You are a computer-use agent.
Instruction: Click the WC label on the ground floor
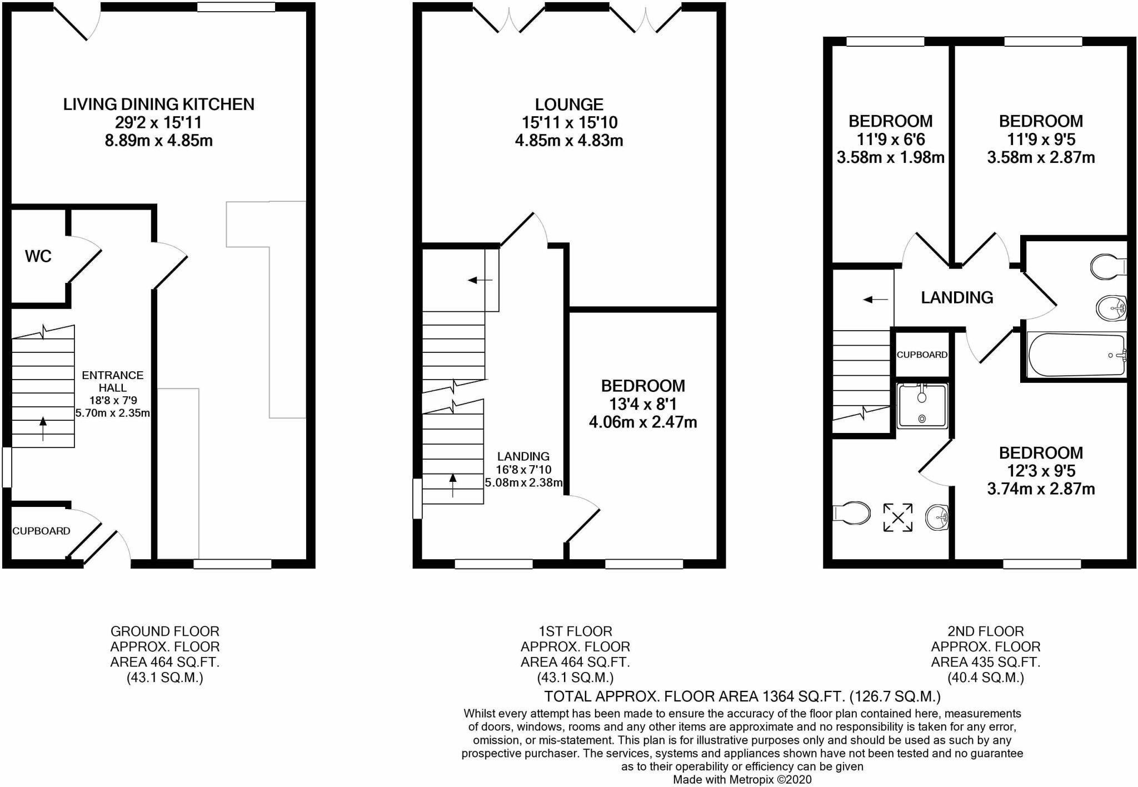point(38,256)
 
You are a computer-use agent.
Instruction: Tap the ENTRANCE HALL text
point(113,381)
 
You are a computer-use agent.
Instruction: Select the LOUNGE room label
point(569,104)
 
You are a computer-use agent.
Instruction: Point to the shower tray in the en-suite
point(922,406)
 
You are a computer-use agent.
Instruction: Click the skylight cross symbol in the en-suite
point(897,517)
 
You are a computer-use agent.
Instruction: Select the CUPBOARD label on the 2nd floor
point(922,355)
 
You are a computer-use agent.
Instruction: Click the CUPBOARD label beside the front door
point(41,531)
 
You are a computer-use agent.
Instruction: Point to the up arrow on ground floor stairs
point(43,428)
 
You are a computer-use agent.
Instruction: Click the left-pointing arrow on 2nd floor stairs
point(876,300)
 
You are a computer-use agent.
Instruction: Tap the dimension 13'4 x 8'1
point(643,404)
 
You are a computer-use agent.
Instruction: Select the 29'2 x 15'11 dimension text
point(159,122)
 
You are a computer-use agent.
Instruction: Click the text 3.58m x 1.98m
point(891,158)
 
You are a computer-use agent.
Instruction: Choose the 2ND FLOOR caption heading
point(985,631)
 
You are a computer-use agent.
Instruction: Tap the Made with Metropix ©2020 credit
point(742,780)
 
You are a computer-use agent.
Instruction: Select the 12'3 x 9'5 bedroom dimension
point(1041,471)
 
